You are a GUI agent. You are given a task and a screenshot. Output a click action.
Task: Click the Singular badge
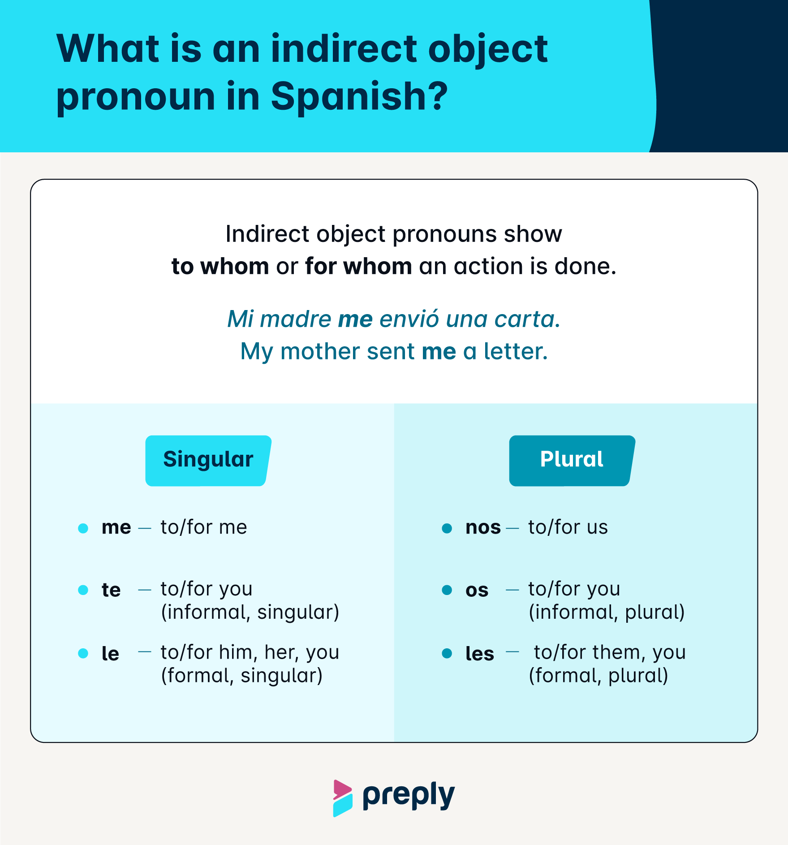[208, 460]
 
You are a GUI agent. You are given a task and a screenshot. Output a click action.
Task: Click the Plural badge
[572, 460]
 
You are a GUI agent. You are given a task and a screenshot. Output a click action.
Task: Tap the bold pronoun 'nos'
[483, 528]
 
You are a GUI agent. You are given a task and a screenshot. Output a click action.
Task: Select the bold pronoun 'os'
[477, 591]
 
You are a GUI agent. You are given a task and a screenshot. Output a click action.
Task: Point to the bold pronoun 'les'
[479, 654]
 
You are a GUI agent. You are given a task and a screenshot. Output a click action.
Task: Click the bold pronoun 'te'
[111, 591]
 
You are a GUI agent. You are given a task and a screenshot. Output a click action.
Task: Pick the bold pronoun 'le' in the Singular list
[110, 654]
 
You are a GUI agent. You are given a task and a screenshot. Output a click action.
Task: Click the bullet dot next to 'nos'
[447, 528]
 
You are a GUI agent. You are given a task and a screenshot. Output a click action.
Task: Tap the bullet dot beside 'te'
[83, 590]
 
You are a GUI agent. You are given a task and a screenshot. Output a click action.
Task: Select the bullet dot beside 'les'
[447, 653]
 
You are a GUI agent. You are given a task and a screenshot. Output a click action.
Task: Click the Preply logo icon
[343, 798]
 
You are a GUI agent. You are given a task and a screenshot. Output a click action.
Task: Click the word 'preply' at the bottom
[409, 796]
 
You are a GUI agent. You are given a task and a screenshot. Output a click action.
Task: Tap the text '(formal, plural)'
[598, 676]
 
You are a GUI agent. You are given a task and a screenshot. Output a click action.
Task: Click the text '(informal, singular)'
[250, 612]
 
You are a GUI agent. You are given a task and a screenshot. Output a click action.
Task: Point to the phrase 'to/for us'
[568, 528]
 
